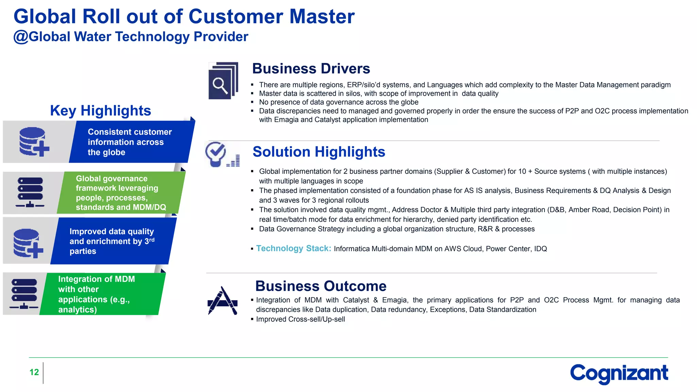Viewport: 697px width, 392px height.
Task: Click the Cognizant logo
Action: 619,373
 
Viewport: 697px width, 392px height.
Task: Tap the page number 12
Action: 34,372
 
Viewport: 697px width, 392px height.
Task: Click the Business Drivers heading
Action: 311,69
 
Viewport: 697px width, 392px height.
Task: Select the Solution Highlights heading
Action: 319,152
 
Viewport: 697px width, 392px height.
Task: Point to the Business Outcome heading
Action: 321,286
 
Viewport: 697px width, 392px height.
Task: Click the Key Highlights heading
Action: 100,111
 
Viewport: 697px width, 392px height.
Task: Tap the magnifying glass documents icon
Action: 223,81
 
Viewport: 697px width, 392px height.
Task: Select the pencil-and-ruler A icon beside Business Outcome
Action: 222,301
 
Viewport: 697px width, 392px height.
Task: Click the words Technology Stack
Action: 293,248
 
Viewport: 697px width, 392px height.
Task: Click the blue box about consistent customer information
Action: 131,142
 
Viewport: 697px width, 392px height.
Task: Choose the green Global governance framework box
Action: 121,193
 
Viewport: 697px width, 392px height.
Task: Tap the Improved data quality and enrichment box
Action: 112,241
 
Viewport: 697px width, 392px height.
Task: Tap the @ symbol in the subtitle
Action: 20,37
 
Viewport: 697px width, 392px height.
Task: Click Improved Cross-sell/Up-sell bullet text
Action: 300,320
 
